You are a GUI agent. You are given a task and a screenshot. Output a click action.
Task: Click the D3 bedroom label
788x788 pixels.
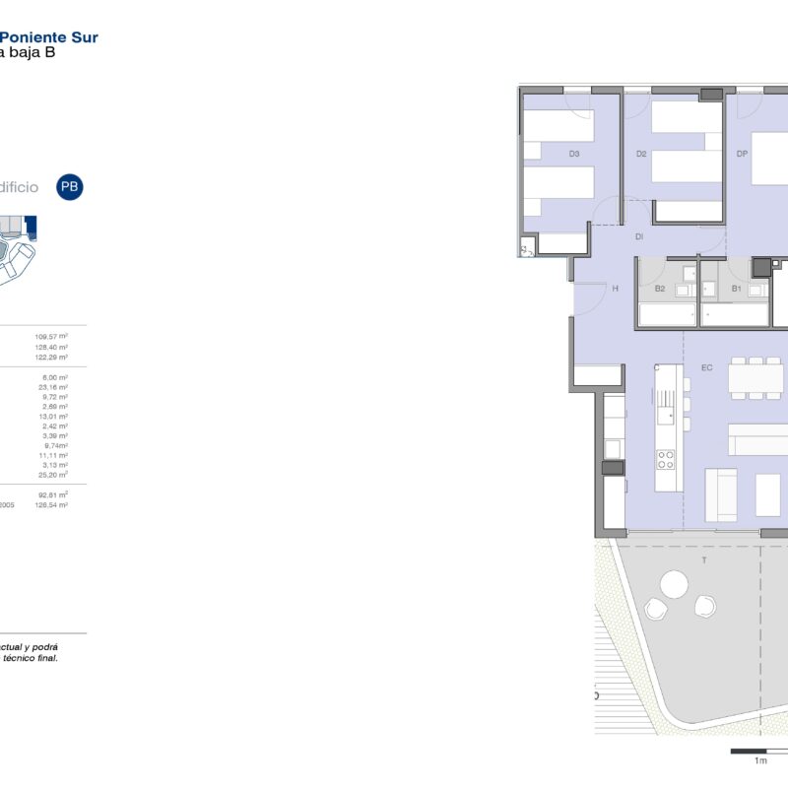tap(574, 154)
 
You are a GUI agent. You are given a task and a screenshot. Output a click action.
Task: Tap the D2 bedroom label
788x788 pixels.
tap(641, 154)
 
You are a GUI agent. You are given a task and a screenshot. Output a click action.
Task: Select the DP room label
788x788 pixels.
tap(743, 154)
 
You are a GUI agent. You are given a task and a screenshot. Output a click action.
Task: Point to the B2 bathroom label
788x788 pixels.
tap(660, 289)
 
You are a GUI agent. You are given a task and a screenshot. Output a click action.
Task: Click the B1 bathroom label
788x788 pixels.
tap(736, 289)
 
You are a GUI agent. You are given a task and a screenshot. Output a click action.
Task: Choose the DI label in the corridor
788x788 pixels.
tap(639, 236)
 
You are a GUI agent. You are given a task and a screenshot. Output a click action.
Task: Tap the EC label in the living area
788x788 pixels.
tap(706, 367)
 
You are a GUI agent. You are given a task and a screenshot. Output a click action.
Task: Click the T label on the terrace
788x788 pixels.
tap(703, 559)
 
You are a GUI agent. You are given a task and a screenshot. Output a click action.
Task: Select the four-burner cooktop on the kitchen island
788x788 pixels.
tap(666, 459)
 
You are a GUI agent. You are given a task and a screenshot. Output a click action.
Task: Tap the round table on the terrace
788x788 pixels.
tap(673, 586)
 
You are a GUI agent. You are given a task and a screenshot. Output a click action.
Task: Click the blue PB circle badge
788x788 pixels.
tap(69, 186)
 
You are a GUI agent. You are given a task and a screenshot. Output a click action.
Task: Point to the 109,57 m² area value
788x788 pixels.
tap(51, 336)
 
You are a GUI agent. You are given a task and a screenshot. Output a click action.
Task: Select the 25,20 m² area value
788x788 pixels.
tap(52, 475)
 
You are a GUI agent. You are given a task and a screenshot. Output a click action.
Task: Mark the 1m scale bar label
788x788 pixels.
tap(759, 761)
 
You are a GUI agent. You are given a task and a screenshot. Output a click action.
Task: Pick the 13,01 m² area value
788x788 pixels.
tap(52, 416)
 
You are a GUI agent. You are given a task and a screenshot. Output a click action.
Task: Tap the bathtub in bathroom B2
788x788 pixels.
tap(668, 314)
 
